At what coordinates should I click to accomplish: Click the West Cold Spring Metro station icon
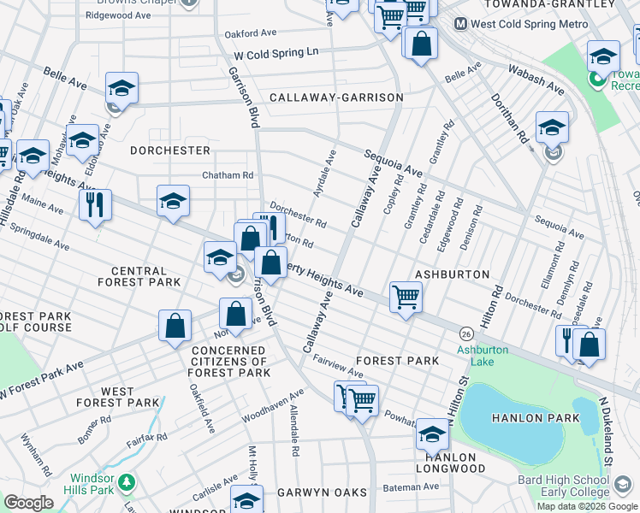(x=460, y=25)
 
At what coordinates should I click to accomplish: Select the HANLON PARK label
(x=536, y=418)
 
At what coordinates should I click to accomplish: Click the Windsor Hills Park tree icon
(x=127, y=483)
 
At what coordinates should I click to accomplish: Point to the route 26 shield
(x=466, y=333)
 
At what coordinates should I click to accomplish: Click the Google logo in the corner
(x=29, y=502)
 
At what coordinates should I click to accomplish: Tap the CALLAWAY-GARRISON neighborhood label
(x=336, y=97)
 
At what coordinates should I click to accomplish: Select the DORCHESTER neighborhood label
(x=170, y=150)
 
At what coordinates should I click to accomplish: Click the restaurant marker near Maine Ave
(x=95, y=205)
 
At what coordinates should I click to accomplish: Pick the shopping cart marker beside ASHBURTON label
(x=406, y=298)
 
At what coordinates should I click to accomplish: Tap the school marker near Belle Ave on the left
(x=121, y=89)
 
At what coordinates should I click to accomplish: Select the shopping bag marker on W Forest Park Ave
(x=175, y=327)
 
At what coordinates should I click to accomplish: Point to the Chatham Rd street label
(x=228, y=175)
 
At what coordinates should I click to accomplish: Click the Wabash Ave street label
(x=536, y=79)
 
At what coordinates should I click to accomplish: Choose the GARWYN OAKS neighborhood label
(x=321, y=492)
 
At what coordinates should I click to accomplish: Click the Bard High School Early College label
(x=563, y=486)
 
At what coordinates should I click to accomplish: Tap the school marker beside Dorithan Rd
(x=552, y=128)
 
